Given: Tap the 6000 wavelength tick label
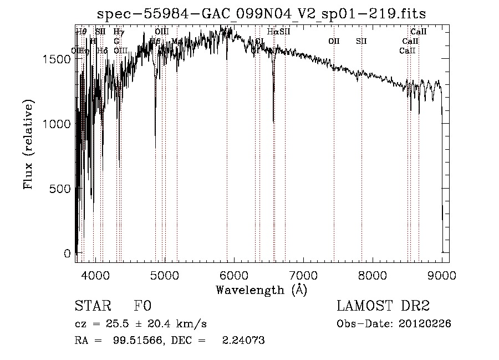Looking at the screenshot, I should [x=234, y=275].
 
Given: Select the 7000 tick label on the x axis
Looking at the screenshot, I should [x=303, y=275].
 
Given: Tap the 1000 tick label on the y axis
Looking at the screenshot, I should [x=57, y=124].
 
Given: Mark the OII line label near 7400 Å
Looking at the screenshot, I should [x=334, y=41].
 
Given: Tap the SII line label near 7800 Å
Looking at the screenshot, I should [x=361, y=41].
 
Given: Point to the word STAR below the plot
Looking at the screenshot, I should [x=91, y=306].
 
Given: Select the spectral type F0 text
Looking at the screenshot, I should [x=142, y=306].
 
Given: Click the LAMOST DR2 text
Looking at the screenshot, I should [x=383, y=306].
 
